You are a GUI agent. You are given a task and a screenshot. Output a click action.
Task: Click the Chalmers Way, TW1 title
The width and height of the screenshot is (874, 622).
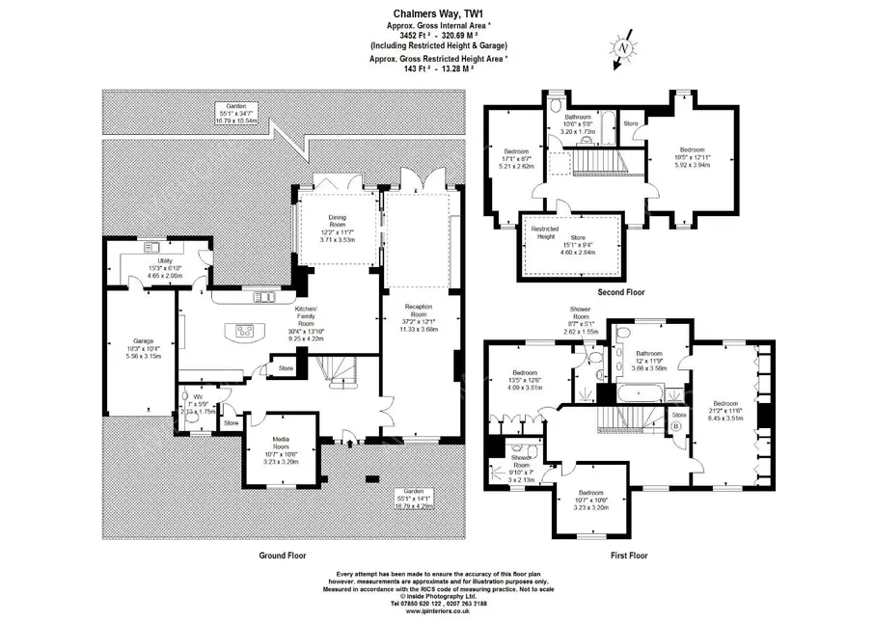pyautogui.click(x=437, y=14)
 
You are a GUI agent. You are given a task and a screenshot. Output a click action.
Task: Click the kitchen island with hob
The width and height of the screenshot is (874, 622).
pyautogui.click(x=246, y=331)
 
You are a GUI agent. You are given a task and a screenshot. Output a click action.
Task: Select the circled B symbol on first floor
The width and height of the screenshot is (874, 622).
pyautogui.click(x=675, y=425)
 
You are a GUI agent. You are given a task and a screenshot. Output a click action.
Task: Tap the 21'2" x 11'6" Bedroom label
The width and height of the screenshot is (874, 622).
pyautogui.click(x=724, y=410)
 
